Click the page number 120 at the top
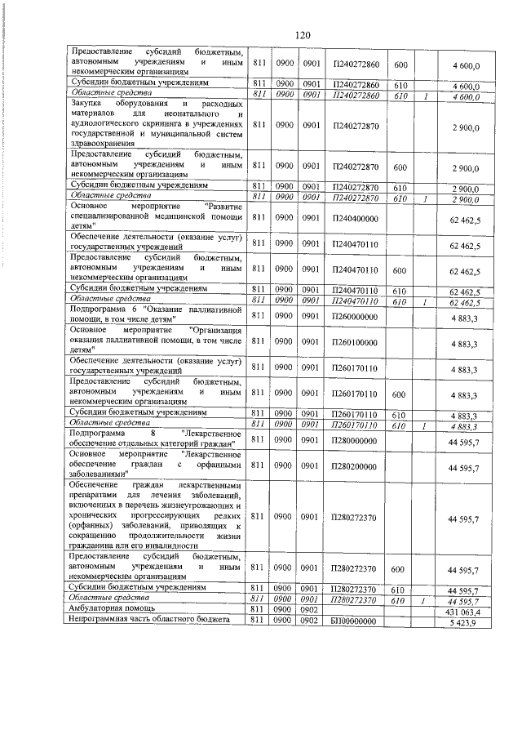[303, 34]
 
